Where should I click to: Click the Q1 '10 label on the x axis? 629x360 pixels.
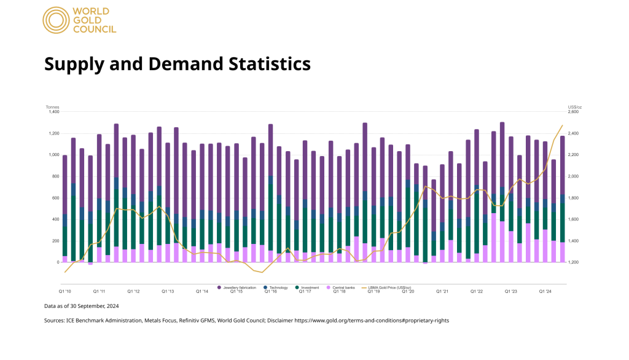click(65, 292)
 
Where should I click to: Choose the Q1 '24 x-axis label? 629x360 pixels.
click(544, 292)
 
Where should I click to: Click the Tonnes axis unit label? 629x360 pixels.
click(52, 107)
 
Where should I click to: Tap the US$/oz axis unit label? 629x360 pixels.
click(574, 107)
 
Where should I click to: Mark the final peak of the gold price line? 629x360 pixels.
click(562, 125)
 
